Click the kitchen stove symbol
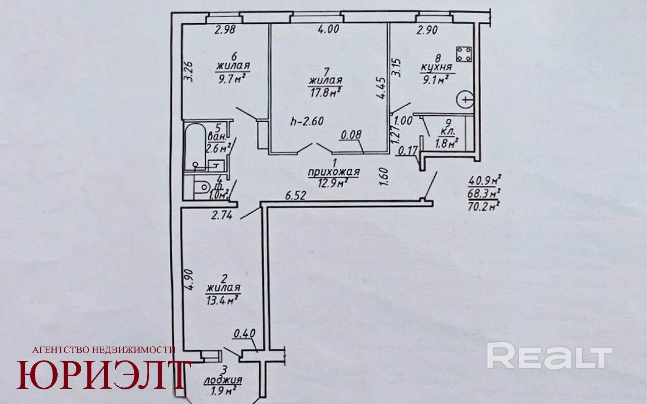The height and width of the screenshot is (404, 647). click(464, 53)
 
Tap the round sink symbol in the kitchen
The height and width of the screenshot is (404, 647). click(464, 100)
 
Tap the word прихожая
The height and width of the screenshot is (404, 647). click(334, 173)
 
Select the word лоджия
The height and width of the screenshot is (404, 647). click(222, 380)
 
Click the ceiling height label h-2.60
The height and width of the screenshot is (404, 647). click(307, 121)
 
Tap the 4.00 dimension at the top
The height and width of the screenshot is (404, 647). click(329, 29)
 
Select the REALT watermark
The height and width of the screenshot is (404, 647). click(549, 356)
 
